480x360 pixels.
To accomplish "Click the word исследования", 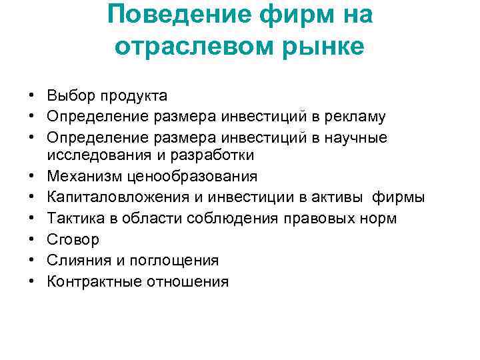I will click(x=94, y=155).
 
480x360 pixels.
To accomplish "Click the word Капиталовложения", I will click(x=113, y=198).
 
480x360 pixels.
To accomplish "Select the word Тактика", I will click(x=74, y=219).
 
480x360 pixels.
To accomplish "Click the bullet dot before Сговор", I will click(x=31, y=240).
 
